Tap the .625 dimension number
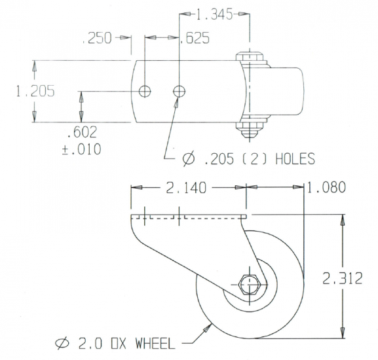(196, 39)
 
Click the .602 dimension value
(82, 133)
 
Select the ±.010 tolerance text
(82, 149)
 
